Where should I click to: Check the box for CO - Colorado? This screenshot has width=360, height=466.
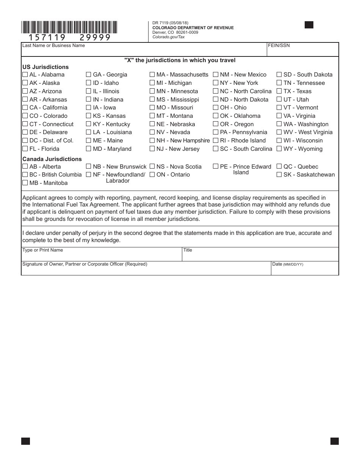tap(25, 116)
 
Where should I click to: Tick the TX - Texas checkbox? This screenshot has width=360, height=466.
tap(279, 91)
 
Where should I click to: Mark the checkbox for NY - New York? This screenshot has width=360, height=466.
tap(216, 83)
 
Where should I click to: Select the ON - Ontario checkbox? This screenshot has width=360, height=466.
tap(152, 175)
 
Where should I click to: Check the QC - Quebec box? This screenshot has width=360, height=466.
tap(279, 166)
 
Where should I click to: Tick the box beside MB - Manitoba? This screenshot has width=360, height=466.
tap(25, 183)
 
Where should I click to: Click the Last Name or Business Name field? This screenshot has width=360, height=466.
tap(144, 52)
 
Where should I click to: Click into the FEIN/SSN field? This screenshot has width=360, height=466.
tap(302, 52)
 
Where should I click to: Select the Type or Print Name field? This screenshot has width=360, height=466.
tap(102, 256)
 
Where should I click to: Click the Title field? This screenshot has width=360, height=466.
tap(260, 256)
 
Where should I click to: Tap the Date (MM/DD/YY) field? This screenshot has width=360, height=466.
tap(305, 269)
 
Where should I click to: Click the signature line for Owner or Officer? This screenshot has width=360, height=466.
tap(146, 270)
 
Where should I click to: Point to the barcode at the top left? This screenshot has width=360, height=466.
tap(69, 27)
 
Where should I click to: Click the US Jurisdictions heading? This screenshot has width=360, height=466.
tap(45, 67)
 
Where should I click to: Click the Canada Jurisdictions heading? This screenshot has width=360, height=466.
tap(52, 159)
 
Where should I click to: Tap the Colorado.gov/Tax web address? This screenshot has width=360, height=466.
tap(169, 37)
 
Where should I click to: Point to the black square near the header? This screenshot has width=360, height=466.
tap(309, 25)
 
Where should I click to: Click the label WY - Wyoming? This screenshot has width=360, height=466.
tap(303, 149)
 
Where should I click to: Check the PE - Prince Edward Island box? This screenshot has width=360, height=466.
tap(216, 166)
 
